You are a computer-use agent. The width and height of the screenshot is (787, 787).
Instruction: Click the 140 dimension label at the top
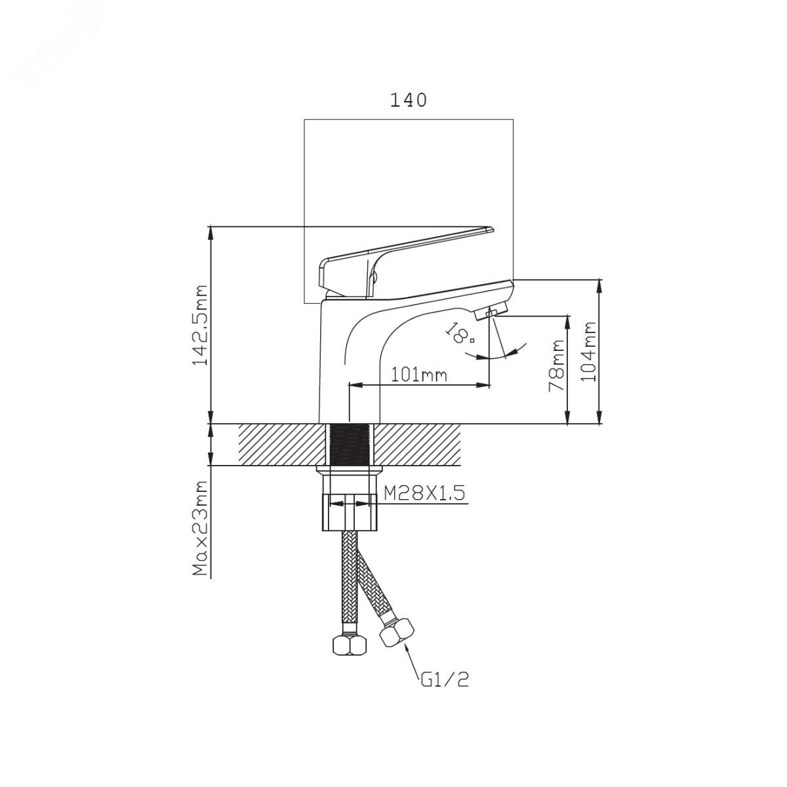point(409,100)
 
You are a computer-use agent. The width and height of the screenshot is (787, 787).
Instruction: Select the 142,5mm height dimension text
point(200,325)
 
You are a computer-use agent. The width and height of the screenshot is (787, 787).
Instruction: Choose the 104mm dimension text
point(588,352)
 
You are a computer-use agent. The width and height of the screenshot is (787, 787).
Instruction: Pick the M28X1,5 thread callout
point(424,494)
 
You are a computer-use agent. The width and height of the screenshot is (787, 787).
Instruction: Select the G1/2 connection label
point(444,680)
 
